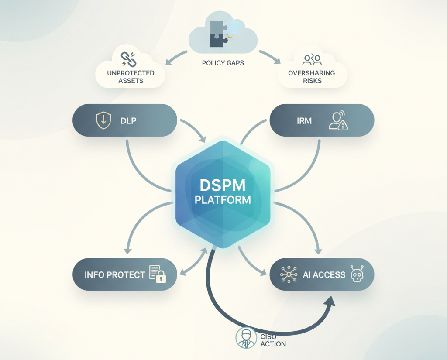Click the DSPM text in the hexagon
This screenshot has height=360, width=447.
[x=223, y=185]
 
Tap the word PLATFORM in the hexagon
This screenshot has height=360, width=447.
[x=223, y=200]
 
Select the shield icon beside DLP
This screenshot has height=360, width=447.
[x=103, y=120]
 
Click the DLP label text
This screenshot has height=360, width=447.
[x=128, y=120]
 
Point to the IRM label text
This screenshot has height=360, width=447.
[x=304, y=120]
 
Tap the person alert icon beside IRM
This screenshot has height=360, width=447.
[x=337, y=121]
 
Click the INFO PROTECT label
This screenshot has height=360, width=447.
[x=114, y=275]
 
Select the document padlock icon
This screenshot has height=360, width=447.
[x=158, y=274]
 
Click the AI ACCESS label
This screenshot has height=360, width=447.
[x=324, y=275]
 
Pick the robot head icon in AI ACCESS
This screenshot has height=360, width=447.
[x=357, y=274]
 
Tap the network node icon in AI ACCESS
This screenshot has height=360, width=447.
[x=289, y=274]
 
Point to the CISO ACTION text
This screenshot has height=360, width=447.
[x=273, y=340]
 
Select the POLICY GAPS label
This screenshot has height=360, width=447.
[x=223, y=63]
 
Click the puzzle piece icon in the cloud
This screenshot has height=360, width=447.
[x=218, y=34]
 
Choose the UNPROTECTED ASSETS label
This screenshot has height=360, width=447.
[x=131, y=77]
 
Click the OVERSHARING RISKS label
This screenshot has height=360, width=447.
[x=311, y=77]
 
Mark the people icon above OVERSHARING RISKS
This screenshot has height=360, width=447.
[x=312, y=59]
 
